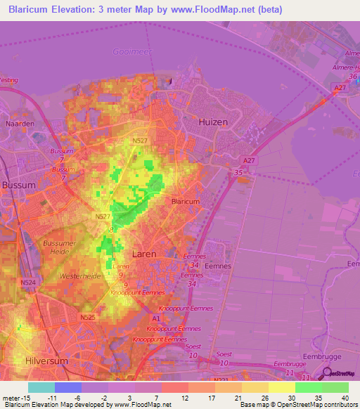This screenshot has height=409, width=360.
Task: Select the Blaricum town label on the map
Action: tap(185, 201)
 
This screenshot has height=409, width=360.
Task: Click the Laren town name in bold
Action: tap(144, 254)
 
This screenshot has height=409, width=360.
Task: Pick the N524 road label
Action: tap(28, 283)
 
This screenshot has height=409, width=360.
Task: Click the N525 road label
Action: tap(87, 318)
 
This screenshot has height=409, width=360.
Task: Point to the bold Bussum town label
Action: tap(18, 185)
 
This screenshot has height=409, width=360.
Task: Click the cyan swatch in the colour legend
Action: tap(41, 387)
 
